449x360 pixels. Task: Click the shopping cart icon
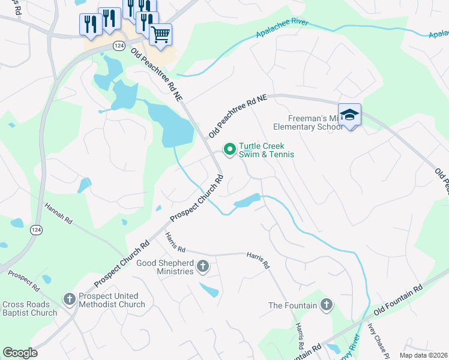click(160, 34)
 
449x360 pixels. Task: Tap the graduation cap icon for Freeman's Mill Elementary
click(349, 114)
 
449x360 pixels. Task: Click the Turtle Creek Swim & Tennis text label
click(267, 150)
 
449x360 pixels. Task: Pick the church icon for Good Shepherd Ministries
click(203, 266)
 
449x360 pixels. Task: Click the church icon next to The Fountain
click(327, 305)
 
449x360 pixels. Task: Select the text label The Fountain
click(292, 305)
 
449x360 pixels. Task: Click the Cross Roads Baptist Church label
click(29, 308)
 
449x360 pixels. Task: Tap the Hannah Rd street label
click(58, 214)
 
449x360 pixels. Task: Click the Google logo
click(20, 353)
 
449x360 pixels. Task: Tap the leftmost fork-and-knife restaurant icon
click(88, 23)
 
